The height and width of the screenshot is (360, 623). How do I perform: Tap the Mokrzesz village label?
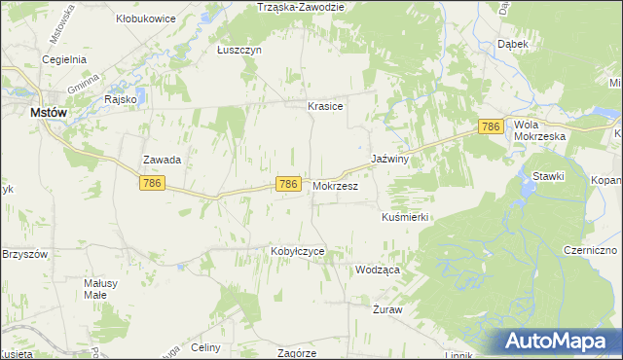pyautogui.click(x=336, y=185)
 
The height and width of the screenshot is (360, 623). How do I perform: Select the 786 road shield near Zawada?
pyautogui.click(x=151, y=183)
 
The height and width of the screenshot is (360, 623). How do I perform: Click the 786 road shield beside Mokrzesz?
pyautogui.click(x=287, y=184)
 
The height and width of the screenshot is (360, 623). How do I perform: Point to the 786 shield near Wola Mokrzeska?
pyautogui.click(x=492, y=126)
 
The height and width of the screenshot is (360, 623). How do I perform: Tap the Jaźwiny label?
pyautogui.click(x=389, y=158)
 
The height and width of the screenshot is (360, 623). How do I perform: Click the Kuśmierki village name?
pyautogui.click(x=405, y=217)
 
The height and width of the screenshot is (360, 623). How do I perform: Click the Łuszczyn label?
pyautogui.click(x=239, y=50)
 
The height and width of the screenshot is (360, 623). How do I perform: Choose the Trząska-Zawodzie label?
pyautogui.click(x=301, y=7)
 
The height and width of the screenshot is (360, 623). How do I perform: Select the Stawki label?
pyautogui.click(x=549, y=175)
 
